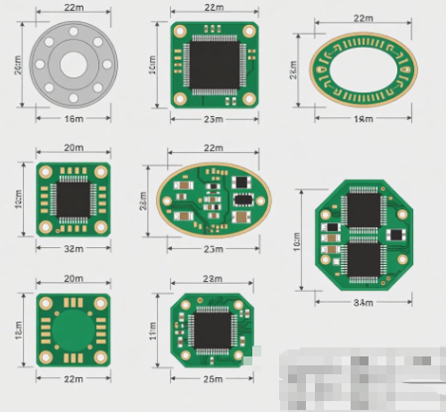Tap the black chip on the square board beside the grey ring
(213, 65)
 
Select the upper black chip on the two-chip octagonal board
(364, 209)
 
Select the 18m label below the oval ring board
(364, 120)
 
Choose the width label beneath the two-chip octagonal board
(364, 301)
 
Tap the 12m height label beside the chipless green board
(19, 329)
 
